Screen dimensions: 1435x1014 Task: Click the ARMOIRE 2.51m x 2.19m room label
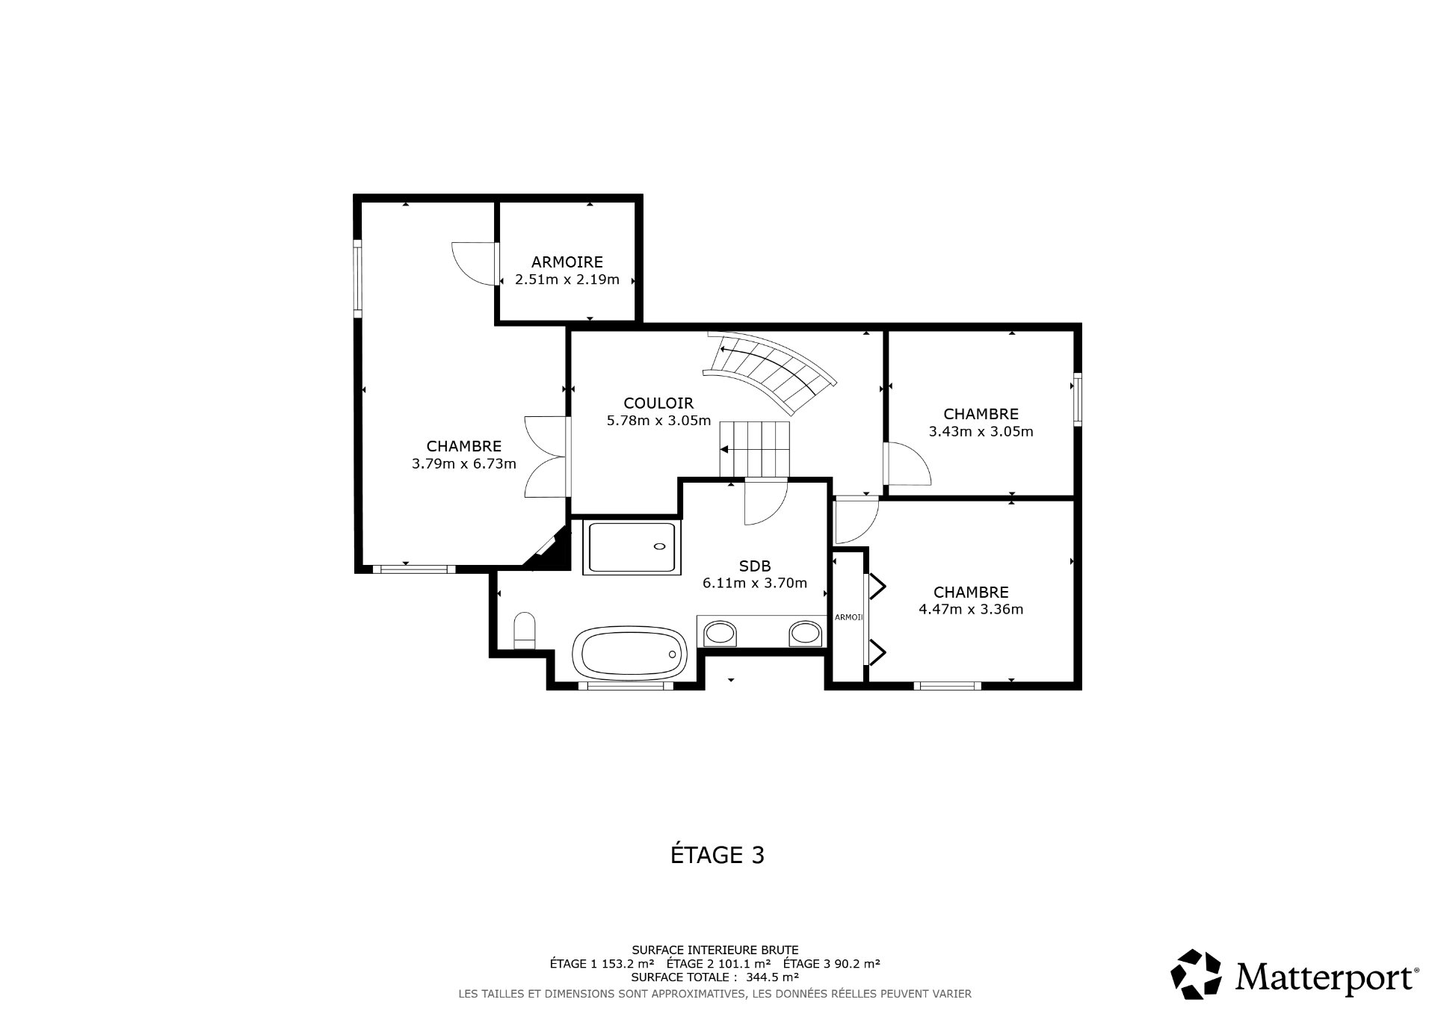tap(567, 270)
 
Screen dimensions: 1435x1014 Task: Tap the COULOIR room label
tap(658, 404)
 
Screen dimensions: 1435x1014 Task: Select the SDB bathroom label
tap(754, 566)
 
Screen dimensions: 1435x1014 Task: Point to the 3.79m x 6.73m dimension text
tap(464, 464)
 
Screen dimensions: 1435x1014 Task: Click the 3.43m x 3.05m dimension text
tap(981, 432)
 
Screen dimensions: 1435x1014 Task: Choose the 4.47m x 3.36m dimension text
tap(971, 609)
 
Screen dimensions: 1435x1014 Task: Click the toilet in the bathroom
tap(525, 631)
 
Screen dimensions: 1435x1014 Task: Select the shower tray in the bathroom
tap(632, 547)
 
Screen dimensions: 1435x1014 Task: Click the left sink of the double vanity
tap(720, 634)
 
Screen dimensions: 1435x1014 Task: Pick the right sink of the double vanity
tap(806, 634)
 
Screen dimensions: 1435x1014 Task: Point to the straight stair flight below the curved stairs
tap(754, 449)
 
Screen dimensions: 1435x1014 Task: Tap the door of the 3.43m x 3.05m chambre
tap(907, 465)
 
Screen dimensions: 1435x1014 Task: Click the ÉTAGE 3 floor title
tap(717, 855)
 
